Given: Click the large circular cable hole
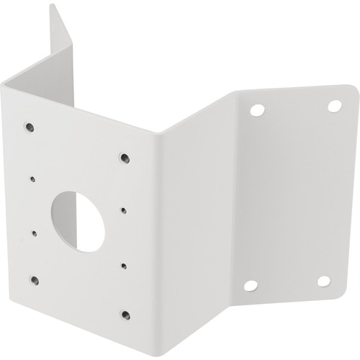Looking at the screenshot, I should (x=79, y=220).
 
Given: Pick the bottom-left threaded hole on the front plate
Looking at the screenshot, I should (x=33, y=279).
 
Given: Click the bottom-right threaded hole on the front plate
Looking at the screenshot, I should (x=125, y=315).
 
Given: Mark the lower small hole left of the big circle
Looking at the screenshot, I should (x=34, y=232).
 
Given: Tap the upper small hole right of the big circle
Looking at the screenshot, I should (x=125, y=210).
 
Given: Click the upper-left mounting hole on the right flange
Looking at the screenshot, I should (x=257, y=111).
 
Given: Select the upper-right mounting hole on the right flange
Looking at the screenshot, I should (x=334, y=105).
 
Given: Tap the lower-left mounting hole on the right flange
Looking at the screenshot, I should (x=250, y=286).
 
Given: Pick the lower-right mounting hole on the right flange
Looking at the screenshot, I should (x=324, y=281).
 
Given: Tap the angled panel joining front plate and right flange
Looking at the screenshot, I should (x=191, y=216).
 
